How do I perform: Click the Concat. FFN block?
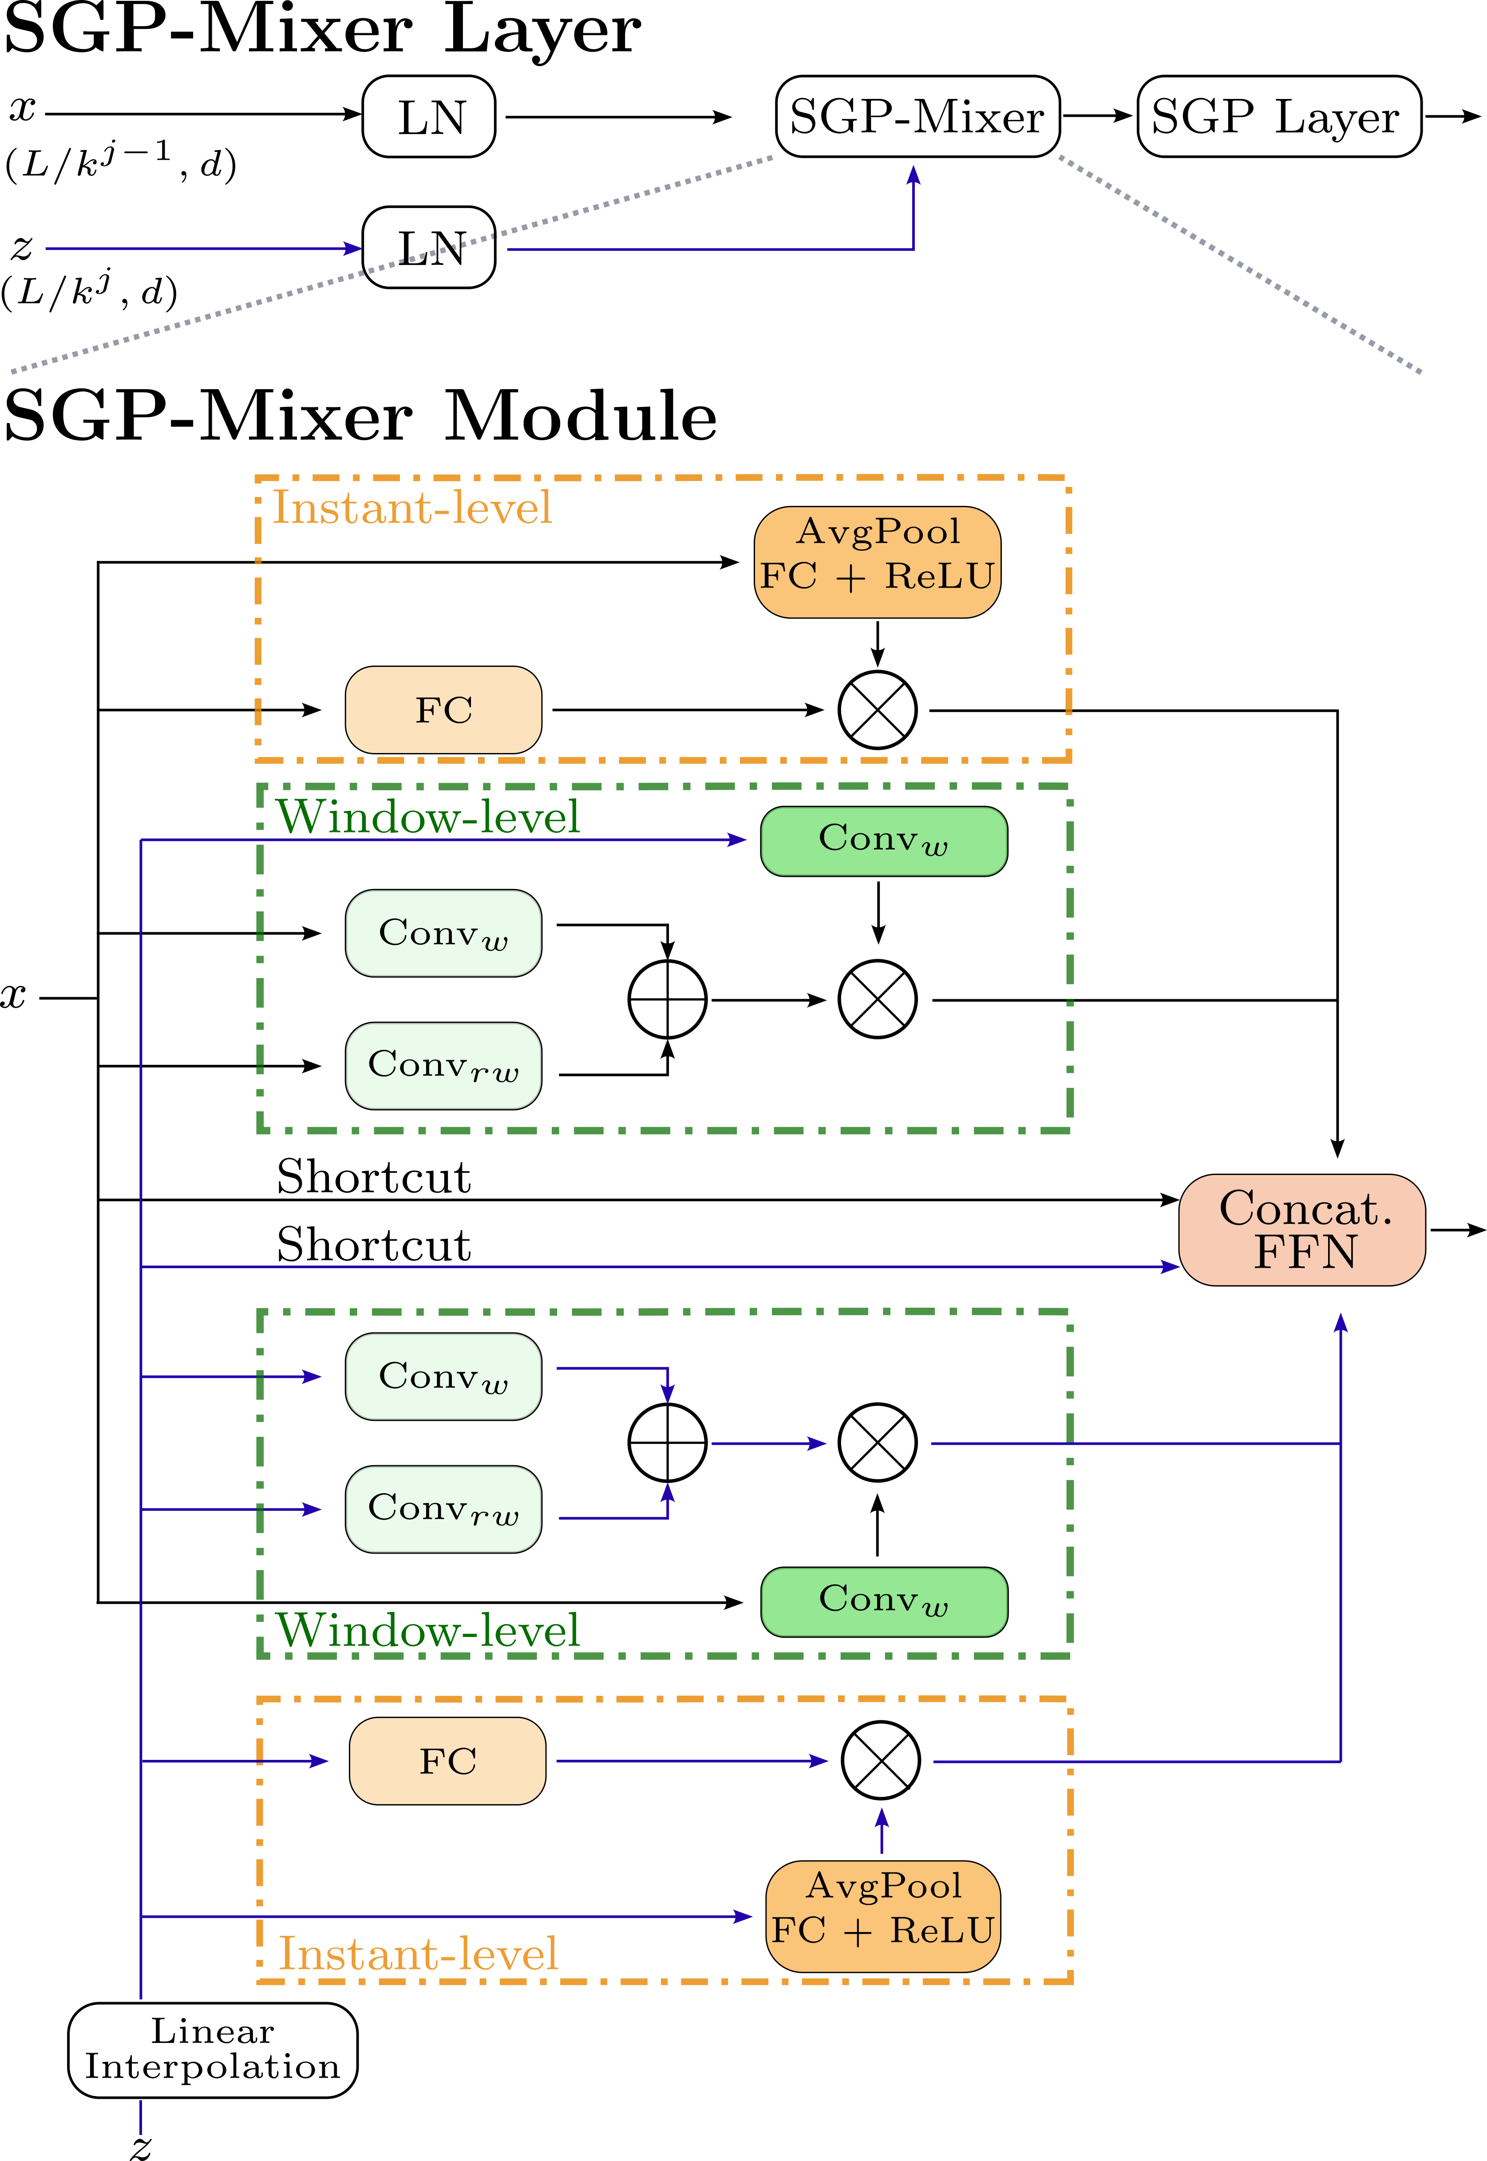click(1302, 1230)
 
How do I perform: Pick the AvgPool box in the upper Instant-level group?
click(877, 562)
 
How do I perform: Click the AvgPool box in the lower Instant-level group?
click(882, 1916)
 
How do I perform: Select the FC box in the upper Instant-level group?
click(443, 710)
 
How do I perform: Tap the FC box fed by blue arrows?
click(447, 1760)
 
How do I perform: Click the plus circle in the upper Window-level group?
click(667, 999)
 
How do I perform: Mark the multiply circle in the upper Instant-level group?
click(877, 710)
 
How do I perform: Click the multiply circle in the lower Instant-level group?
click(881, 1760)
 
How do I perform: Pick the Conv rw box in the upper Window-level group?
click(443, 1065)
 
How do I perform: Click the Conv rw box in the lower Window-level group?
click(443, 1509)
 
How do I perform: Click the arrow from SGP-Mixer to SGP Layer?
click(1098, 116)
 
